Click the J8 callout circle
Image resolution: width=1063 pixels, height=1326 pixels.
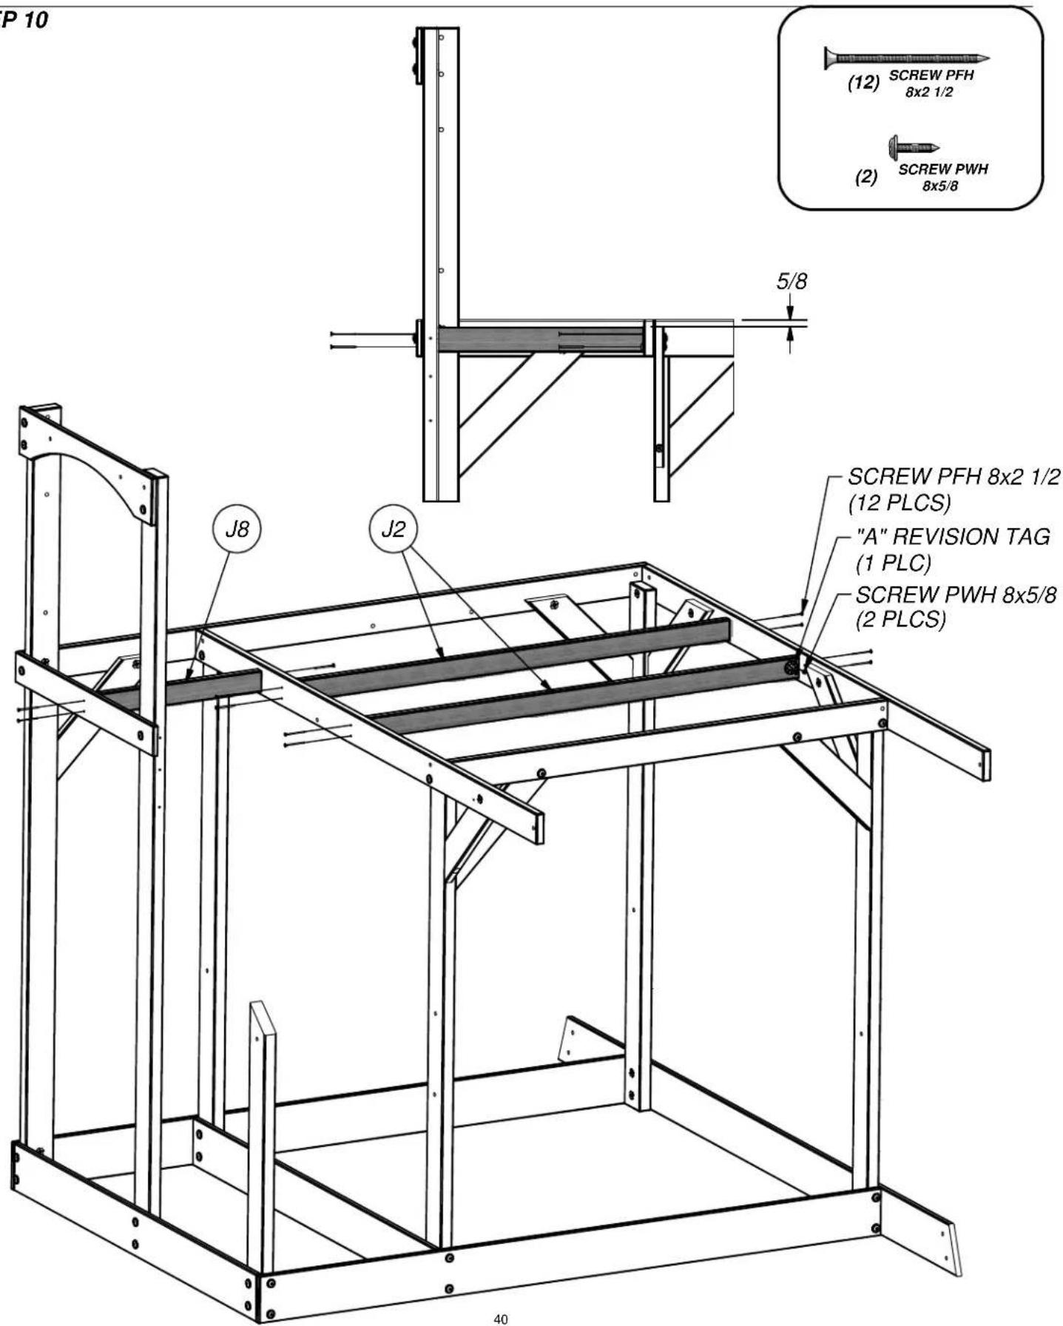[237, 530]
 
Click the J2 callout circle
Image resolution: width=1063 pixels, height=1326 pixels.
[393, 530]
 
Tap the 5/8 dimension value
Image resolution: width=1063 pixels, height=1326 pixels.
[791, 282]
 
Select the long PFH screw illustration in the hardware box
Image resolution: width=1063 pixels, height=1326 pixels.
[906, 58]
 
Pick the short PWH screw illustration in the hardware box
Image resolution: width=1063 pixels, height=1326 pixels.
[914, 146]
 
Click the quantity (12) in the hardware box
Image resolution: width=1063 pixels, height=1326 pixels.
[863, 83]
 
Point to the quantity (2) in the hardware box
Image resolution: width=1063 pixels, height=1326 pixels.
[866, 177]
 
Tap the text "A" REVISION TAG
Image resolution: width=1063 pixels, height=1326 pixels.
[952, 536]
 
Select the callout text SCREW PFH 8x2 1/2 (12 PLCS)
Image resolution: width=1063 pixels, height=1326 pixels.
[954, 490]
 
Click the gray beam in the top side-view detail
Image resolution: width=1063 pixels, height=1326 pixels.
[541, 340]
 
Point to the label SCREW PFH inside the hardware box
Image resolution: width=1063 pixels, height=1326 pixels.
[931, 75]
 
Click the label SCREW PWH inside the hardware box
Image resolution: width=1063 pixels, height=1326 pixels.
[942, 169]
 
